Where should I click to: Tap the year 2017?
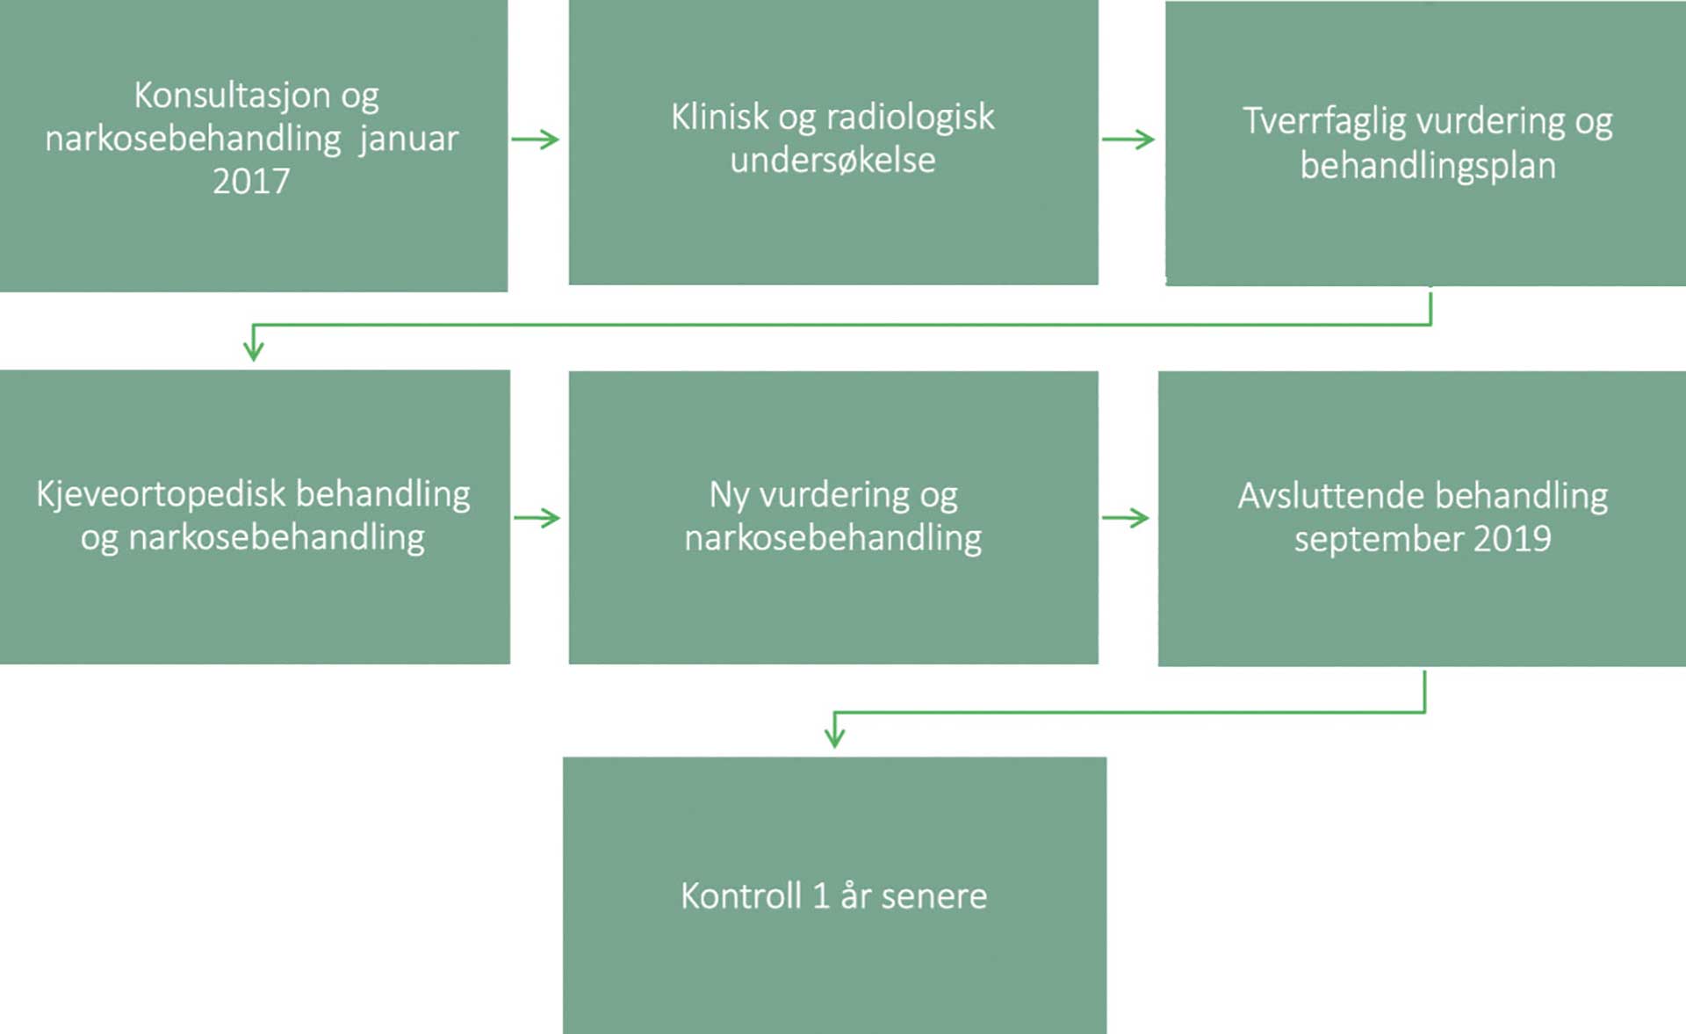click(x=251, y=182)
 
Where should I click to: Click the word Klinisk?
click(x=720, y=117)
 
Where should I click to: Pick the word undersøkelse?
click(x=832, y=161)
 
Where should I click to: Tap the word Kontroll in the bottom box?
click(x=741, y=896)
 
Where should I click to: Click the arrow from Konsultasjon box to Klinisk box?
click(x=536, y=140)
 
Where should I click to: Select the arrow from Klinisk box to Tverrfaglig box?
click(x=1128, y=140)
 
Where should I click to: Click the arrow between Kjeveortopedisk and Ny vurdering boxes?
click(x=537, y=518)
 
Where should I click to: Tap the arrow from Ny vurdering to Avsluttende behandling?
click(x=1126, y=518)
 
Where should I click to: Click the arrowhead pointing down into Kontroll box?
click(x=834, y=737)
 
